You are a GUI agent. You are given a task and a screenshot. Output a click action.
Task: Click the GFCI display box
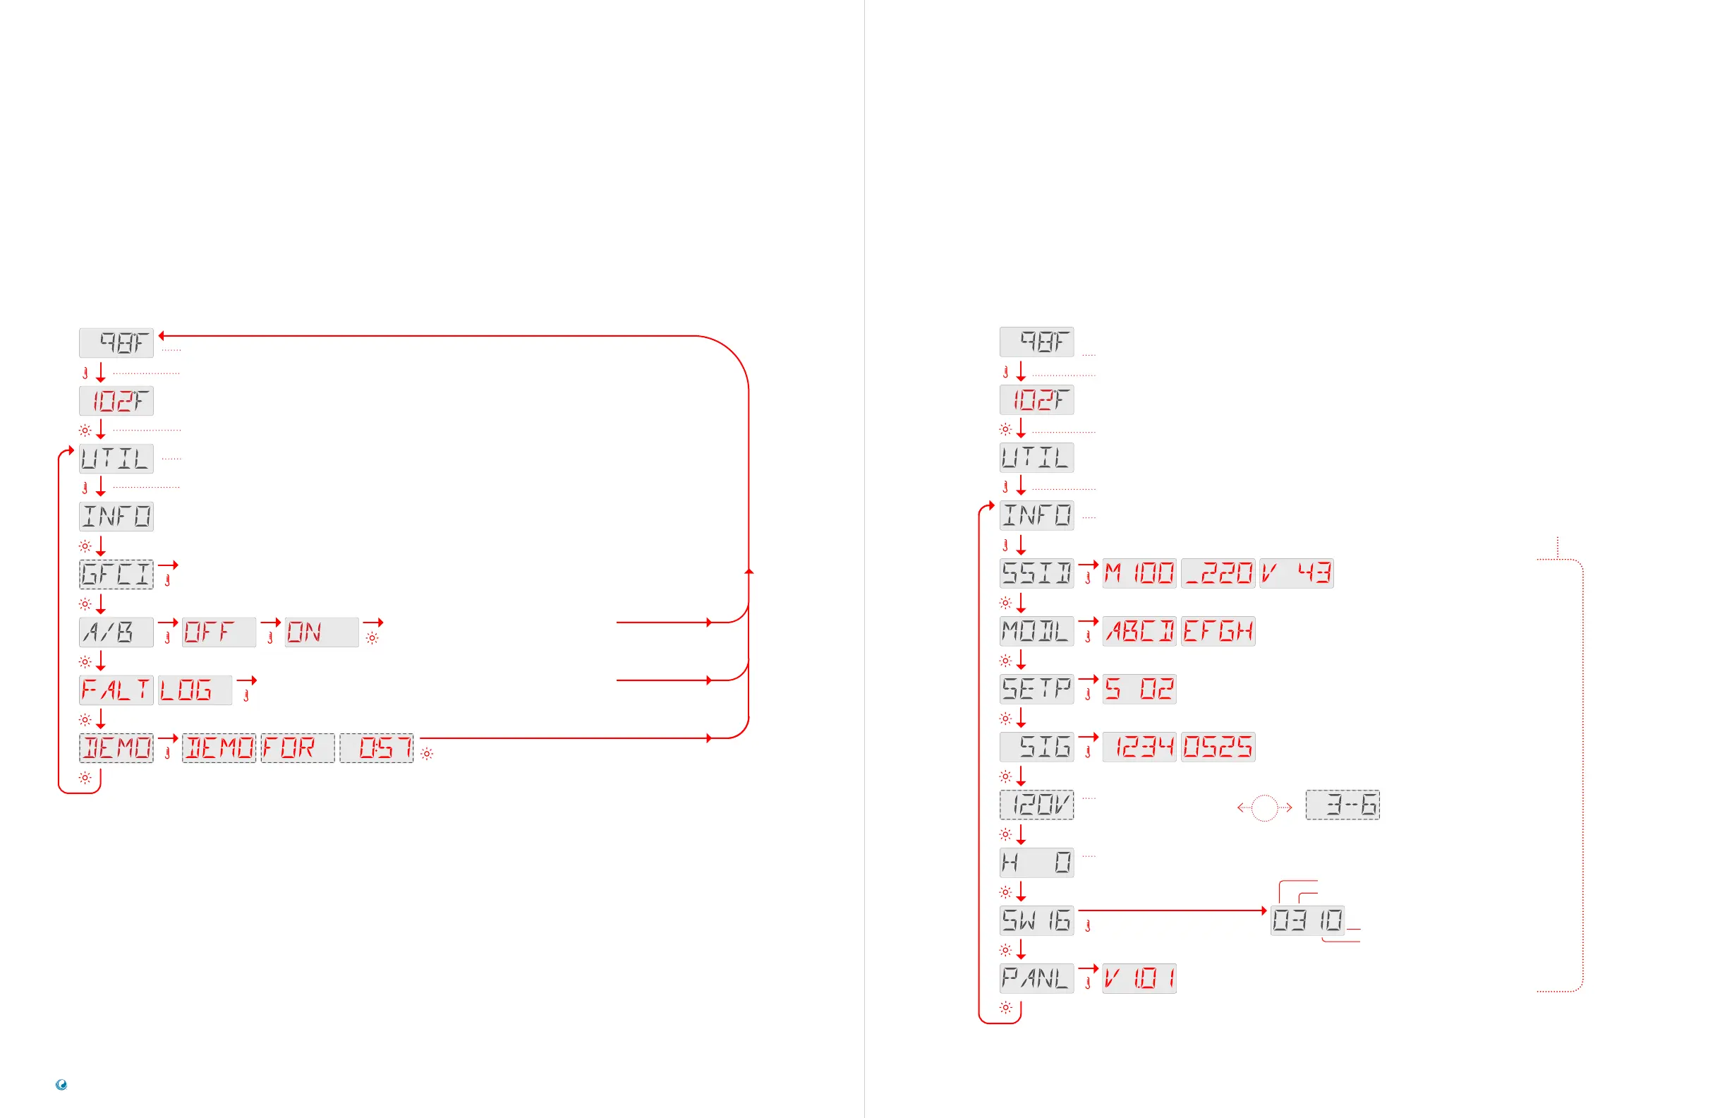pyautogui.click(x=116, y=575)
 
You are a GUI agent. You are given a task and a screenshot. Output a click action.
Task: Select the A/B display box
pyautogui.click(x=116, y=632)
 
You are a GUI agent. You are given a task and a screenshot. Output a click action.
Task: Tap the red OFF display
pyautogui.click(x=219, y=632)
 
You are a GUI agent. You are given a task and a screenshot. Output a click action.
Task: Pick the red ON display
pyautogui.click(x=322, y=632)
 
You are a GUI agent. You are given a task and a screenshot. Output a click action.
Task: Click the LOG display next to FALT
pyautogui.click(x=195, y=690)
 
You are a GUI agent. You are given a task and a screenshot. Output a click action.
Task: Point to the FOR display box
pyautogui.click(x=298, y=747)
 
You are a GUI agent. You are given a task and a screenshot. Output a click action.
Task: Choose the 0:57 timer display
pyautogui.click(x=377, y=747)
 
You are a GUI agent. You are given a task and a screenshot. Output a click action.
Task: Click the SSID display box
pyautogui.click(x=1036, y=573)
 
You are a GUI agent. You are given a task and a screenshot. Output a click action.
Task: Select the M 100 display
pyautogui.click(x=1139, y=573)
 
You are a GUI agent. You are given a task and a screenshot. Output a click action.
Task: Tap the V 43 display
pyautogui.click(x=1296, y=573)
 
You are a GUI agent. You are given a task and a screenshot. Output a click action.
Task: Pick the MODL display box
pyautogui.click(x=1036, y=631)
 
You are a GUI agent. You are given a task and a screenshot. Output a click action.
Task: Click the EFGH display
pyautogui.click(x=1218, y=631)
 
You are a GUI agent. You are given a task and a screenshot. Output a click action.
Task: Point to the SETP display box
pyautogui.click(x=1036, y=689)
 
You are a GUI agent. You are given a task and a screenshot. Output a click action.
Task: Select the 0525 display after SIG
pyautogui.click(x=1218, y=746)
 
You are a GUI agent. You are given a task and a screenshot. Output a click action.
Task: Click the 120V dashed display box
pyautogui.click(x=1036, y=805)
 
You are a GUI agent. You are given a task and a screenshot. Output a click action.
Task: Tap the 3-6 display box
pyautogui.click(x=1343, y=805)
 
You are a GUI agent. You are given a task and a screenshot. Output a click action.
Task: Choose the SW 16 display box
pyautogui.click(x=1036, y=920)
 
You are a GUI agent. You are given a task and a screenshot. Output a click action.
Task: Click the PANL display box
pyautogui.click(x=1036, y=978)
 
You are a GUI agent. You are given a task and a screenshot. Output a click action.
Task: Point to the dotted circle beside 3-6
pyautogui.click(x=1264, y=807)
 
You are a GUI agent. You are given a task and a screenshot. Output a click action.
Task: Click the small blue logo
pyautogui.click(x=61, y=1085)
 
